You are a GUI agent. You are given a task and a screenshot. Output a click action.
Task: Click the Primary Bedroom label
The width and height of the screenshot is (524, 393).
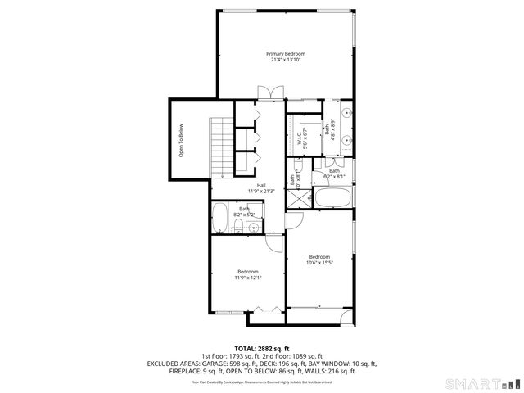285,53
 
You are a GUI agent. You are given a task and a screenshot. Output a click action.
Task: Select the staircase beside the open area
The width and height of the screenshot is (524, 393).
222,145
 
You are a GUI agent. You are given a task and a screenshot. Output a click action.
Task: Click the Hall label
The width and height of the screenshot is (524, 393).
260,185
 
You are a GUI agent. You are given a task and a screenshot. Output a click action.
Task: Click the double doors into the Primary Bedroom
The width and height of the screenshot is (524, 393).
262,93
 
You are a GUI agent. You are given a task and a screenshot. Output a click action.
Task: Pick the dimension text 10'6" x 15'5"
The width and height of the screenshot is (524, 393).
319,262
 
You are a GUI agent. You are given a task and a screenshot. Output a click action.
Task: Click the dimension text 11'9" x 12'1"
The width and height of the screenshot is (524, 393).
248,278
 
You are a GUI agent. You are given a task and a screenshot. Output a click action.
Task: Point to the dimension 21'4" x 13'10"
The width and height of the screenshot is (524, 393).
285,60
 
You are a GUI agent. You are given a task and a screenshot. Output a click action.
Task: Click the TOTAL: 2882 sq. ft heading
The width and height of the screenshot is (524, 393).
261,348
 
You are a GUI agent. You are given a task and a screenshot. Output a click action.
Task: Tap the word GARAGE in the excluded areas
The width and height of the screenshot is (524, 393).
213,364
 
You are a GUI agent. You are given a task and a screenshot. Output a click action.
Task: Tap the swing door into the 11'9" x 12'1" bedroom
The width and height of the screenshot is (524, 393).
276,241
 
